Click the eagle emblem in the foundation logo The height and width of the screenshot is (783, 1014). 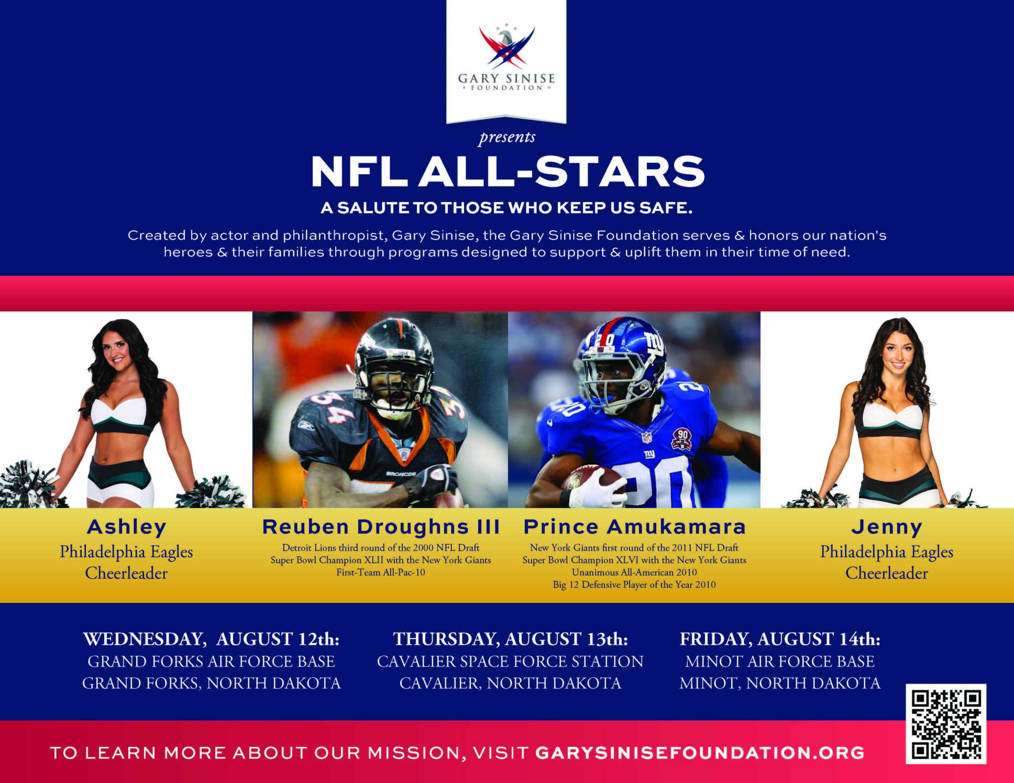point(507,46)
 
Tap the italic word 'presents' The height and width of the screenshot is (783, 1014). point(507,138)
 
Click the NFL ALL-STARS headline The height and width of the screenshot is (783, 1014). point(507,171)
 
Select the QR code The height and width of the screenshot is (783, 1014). point(946,724)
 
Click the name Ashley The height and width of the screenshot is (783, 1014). point(126,527)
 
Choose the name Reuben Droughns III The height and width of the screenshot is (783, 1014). point(381,527)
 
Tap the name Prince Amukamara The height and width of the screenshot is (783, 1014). point(634,527)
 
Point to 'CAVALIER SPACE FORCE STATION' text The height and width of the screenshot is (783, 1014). point(510,661)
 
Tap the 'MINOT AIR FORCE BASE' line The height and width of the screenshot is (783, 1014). point(780,661)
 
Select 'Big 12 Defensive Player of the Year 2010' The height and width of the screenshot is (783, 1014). point(634,585)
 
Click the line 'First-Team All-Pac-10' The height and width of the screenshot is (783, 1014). point(381,572)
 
